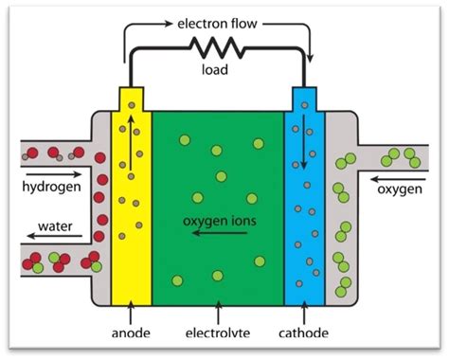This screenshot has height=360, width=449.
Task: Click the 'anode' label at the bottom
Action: (x=131, y=335)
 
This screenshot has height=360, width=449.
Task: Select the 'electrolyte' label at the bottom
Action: (x=219, y=335)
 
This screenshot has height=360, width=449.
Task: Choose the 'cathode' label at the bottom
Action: (x=304, y=335)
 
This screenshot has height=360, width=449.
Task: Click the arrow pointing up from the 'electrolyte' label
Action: (x=219, y=314)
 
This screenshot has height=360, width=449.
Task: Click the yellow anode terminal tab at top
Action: (x=131, y=99)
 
